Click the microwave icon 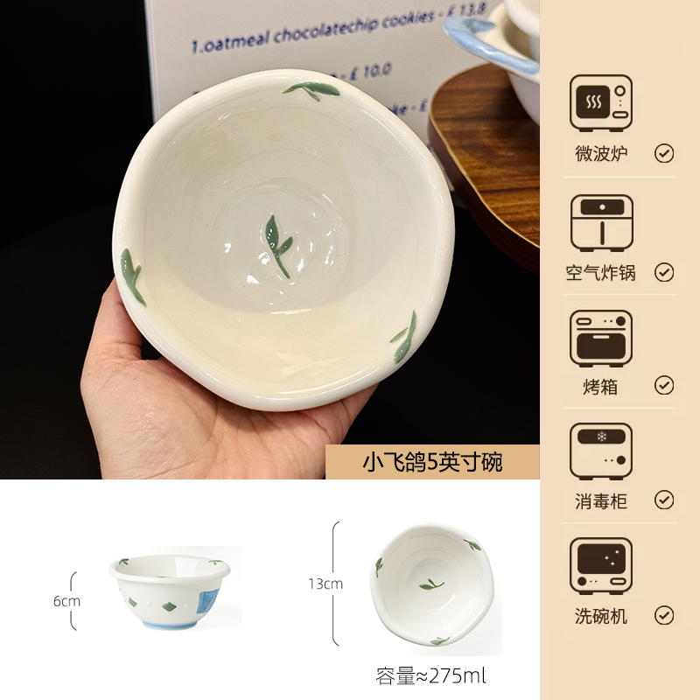[600, 103]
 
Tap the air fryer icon [600, 222]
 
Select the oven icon [600, 337]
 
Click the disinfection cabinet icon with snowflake [600, 451]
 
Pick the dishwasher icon [600, 566]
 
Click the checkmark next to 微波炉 [664, 154]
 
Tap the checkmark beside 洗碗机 [664, 615]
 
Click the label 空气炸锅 [600, 272]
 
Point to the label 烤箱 [600, 386]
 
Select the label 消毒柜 [600, 500]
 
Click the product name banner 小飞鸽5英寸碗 [432, 462]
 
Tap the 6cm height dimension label [66, 601]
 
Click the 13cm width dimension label [325, 584]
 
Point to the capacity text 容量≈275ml [430, 675]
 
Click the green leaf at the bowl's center [278, 245]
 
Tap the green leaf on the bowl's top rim [302, 90]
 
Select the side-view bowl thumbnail [170, 591]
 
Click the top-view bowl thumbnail [427, 584]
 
